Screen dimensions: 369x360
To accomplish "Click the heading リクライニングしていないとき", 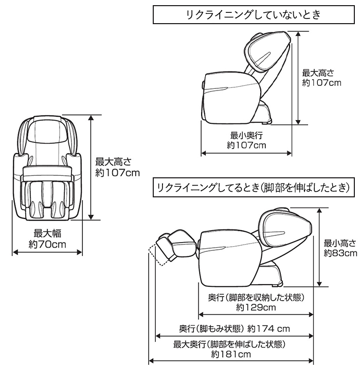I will (x=254, y=15).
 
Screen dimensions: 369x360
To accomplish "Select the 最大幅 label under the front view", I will (x=47, y=232).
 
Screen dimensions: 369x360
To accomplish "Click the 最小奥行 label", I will (x=247, y=136).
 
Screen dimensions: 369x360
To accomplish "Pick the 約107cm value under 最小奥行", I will (x=247, y=146).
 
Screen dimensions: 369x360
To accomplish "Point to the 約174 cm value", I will (x=269, y=328).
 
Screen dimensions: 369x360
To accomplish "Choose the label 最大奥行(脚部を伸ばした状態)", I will (x=229, y=344).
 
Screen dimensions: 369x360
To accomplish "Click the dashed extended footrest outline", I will (x=156, y=254).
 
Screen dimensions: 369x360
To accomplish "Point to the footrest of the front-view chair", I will (x=47, y=198).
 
